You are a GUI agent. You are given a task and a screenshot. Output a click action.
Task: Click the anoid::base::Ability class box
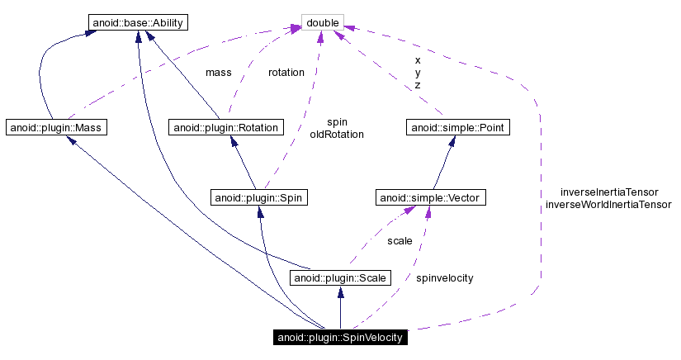(x=136, y=21)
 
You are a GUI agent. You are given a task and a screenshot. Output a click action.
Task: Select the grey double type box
(x=323, y=21)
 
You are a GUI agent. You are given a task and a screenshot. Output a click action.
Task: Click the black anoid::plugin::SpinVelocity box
(x=339, y=337)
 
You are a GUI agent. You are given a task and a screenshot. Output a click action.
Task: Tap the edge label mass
(x=218, y=73)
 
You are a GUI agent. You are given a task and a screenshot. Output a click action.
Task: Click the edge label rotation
(x=286, y=73)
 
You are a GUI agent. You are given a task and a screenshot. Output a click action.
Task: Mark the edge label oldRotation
(x=337, y=134)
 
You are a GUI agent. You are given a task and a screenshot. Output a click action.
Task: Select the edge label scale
(x=400, y=241)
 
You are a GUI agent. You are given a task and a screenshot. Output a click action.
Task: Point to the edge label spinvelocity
(x=444, y=278)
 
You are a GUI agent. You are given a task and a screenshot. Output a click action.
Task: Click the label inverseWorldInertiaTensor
(x=608, y=204)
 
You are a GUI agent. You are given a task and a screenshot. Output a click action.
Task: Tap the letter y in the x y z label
(x=418, y=73)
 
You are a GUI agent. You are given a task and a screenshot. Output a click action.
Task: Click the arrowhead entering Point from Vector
(x=452, y=141)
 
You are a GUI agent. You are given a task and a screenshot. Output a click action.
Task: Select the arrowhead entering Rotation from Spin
(x=236, y=141)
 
